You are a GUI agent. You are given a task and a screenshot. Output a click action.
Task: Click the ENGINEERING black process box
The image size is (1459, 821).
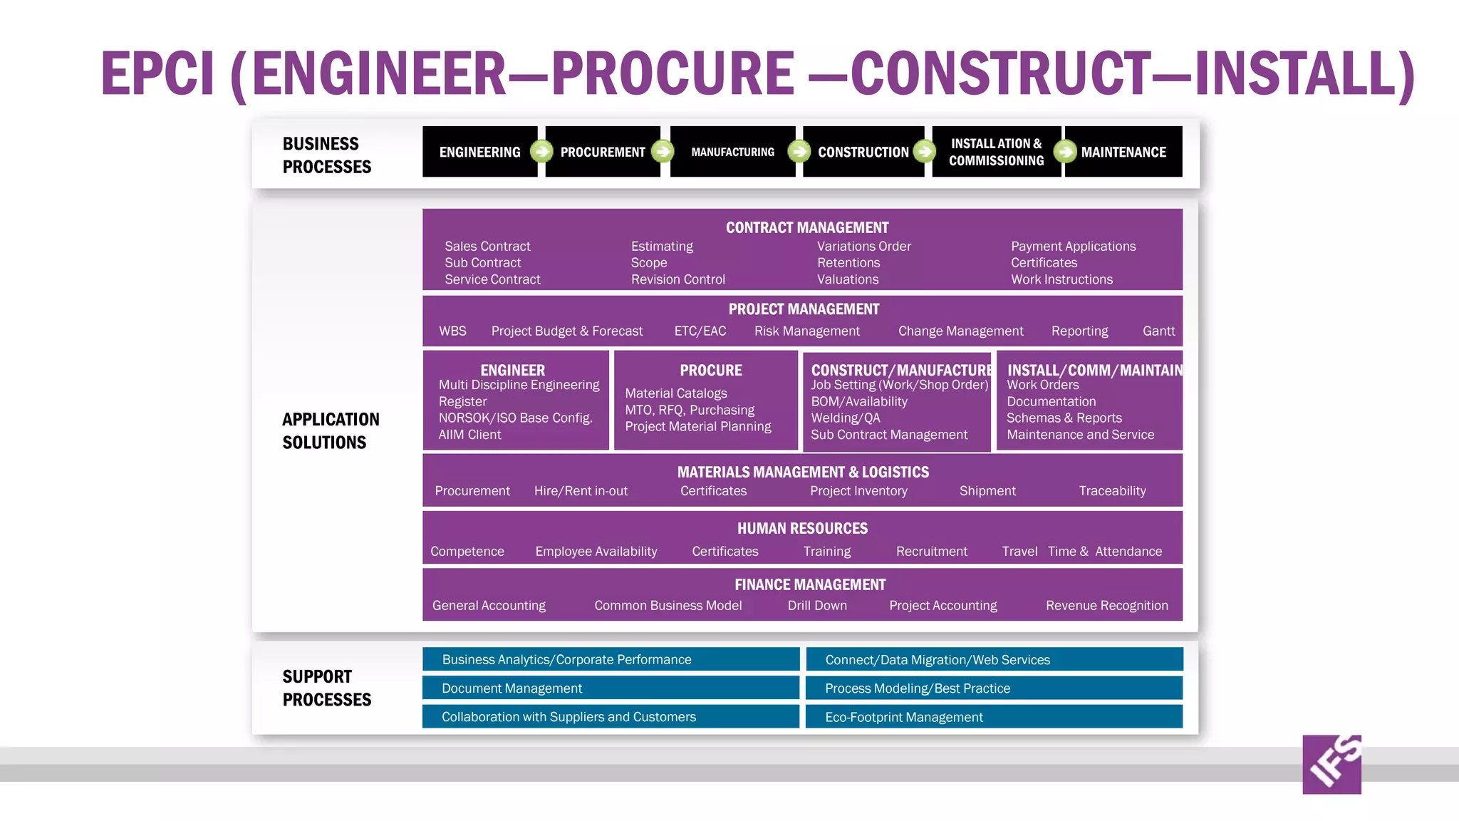(x=479, y=152)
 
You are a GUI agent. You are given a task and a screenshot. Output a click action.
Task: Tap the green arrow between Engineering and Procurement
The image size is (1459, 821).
(x=541, y=151)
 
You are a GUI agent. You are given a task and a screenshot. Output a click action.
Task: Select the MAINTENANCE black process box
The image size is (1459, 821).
(x=1123, y=152)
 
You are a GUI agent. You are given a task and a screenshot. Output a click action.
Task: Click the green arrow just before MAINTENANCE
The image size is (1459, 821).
(x=1065, y=151)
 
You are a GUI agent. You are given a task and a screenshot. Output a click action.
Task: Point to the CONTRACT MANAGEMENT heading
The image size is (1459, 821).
(x=806, y=227)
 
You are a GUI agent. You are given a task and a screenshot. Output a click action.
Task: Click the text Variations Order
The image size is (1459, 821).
(x=863, y=246)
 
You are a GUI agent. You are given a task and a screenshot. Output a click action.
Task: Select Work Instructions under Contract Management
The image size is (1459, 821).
(x=1061, y=279)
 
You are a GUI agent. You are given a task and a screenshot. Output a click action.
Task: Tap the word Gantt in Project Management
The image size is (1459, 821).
(x=1158, y=331)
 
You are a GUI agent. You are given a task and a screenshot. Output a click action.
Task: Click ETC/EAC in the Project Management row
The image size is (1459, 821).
(x=700, y=331)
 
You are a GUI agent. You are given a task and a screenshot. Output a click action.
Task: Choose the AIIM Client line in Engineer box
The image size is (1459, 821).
(x=469, y=435)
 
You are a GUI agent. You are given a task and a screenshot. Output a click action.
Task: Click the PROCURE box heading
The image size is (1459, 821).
(x=710, y=370)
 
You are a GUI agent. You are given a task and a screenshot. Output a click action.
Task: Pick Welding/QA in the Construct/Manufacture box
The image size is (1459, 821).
(x=846, y=418)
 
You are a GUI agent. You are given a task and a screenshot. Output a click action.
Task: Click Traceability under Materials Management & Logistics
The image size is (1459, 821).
(x=1112, y=491)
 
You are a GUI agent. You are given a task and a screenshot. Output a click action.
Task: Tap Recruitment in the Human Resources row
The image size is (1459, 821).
(x=931, y=552)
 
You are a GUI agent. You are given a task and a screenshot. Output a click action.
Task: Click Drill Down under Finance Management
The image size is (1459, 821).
(x=817, y=606)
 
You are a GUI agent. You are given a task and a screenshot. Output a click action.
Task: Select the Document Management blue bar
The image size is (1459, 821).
(x=611, y=688)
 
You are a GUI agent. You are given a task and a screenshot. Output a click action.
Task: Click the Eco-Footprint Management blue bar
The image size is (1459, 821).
(x=994, y=717)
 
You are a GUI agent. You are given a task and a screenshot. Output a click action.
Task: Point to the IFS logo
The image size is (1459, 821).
(x=1331, y=764)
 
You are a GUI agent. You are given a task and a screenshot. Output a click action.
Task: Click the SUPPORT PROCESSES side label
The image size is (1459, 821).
(x=326, y=688)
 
